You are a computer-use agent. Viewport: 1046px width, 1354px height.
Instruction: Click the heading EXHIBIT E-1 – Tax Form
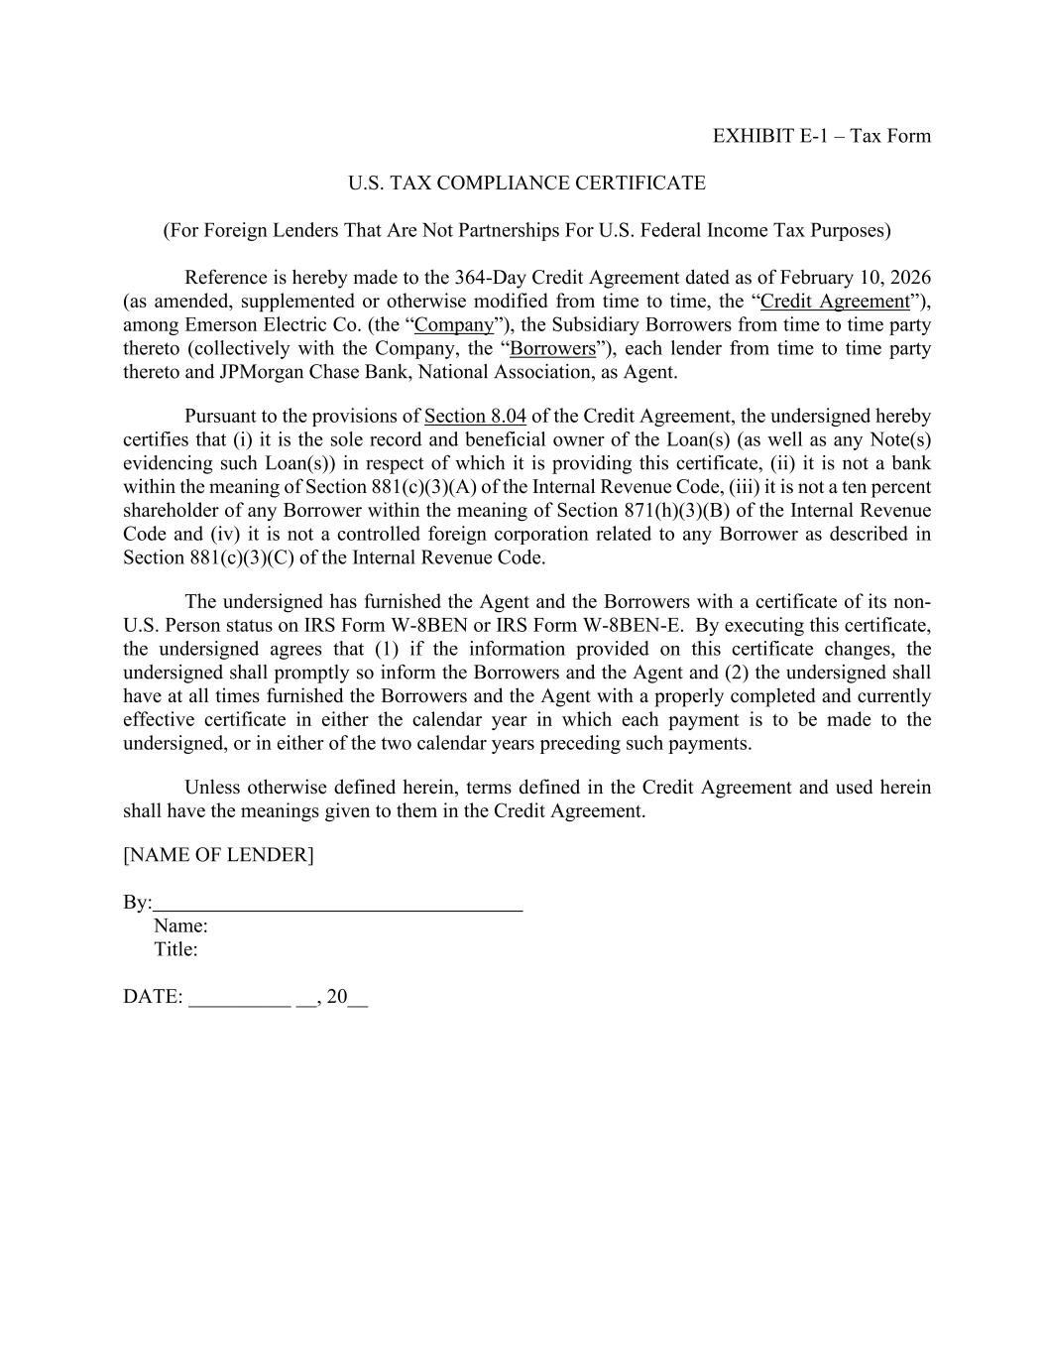coord(821,136)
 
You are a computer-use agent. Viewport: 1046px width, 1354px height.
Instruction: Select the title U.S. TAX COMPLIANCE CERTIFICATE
coord(526,184)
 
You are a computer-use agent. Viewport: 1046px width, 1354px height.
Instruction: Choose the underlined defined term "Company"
coord(454,325)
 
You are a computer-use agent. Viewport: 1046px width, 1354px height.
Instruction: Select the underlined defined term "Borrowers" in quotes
coord(552,349)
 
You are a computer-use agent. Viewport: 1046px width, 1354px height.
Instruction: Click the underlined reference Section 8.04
coord(475,417)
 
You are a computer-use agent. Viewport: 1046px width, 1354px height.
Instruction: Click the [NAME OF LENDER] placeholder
coord(218,855)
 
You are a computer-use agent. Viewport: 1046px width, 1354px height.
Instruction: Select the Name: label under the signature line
coord(180,926)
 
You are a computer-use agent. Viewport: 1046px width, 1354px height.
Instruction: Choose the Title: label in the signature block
coord(175,950)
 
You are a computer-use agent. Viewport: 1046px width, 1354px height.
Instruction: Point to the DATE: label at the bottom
coord(153,998)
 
